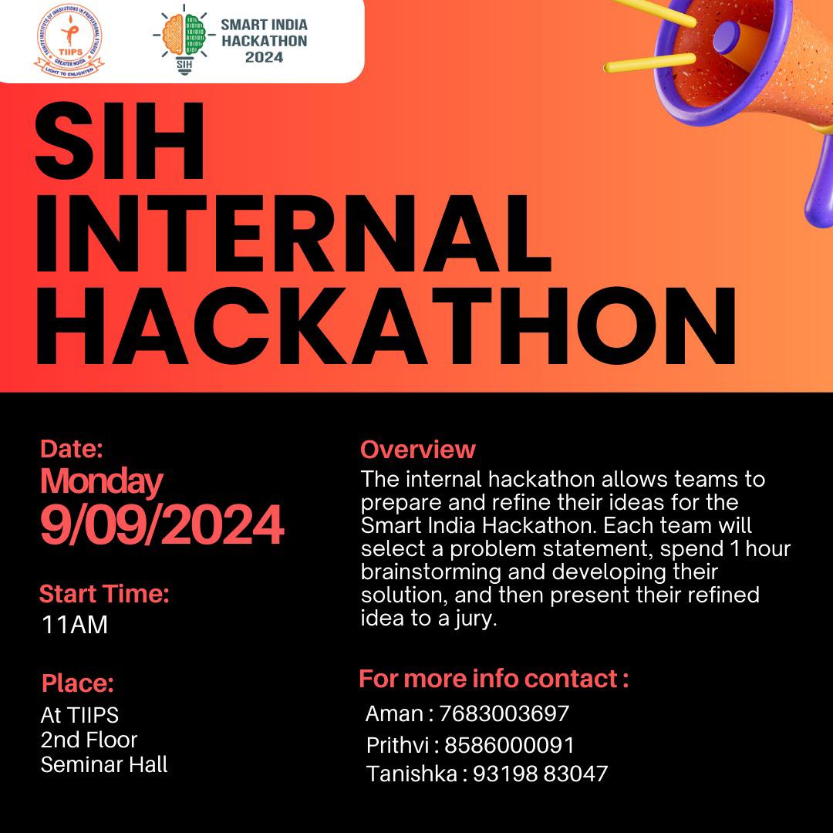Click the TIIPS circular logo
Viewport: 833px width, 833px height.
[69, 40]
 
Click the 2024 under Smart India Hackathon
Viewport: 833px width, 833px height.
[264, 57]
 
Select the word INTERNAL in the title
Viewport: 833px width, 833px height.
[293, 233]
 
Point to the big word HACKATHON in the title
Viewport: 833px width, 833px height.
[385, 325]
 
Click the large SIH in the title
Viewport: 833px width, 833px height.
[120, 141]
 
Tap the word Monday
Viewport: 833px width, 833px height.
[102, 482]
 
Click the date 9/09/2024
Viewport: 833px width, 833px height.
[162, 525]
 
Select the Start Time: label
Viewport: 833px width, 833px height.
[104, 593]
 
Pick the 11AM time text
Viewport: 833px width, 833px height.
[74, 625]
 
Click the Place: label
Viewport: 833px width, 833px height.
[78, 683]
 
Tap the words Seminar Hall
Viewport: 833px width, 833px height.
[104, 764]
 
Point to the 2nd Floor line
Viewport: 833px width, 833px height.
[89, 740]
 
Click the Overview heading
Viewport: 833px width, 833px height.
[417, 450]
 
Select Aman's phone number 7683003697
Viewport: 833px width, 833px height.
[504, 713]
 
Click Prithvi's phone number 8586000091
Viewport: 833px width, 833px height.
[510, 745]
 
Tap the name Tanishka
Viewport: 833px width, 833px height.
[412, 774]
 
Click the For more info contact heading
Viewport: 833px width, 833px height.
[494, 679]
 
